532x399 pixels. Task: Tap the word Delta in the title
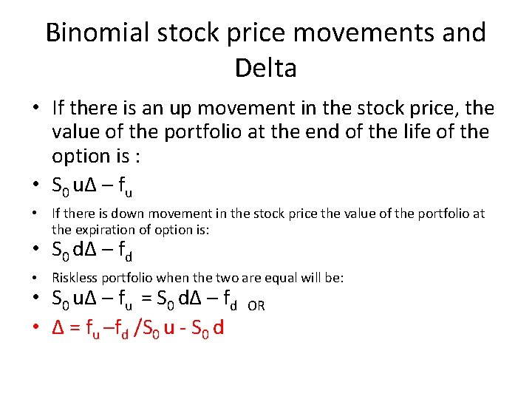click(x=266, y=68)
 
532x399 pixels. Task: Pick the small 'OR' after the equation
click(x=256, y=306)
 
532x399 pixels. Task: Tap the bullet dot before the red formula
click(x=36, y=326)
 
